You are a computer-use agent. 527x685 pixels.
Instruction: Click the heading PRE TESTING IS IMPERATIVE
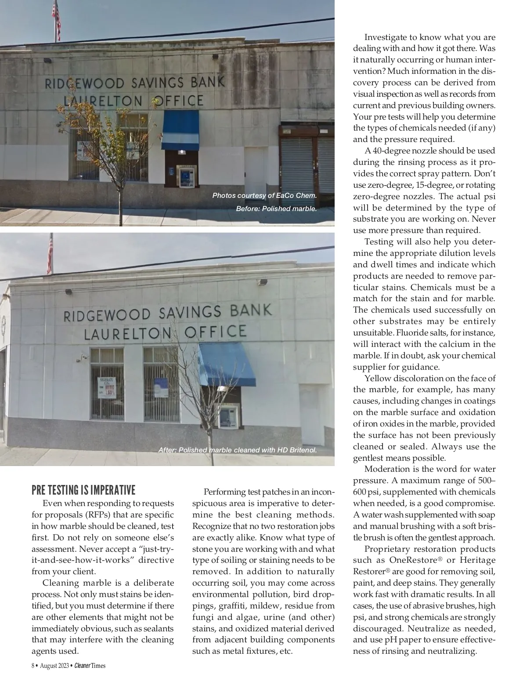click(83, 490)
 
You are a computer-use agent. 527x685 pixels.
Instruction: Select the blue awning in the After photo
click(227, 363)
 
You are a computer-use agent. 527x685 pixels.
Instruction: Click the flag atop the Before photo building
click(56, 18)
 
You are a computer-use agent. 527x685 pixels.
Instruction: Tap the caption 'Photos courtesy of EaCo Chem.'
click(264, 196)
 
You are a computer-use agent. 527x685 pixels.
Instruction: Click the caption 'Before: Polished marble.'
click(276, 208)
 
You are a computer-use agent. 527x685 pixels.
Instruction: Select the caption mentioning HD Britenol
click(237, 450)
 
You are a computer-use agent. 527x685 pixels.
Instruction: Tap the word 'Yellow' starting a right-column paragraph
click(379, 379)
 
